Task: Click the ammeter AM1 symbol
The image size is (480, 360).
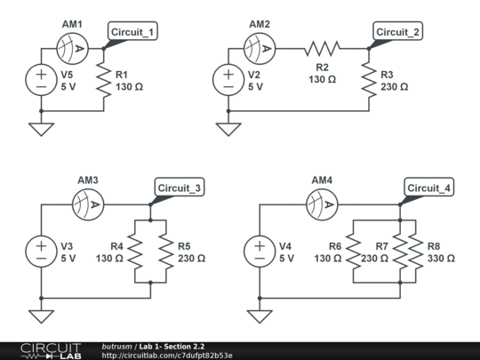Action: point(69,47)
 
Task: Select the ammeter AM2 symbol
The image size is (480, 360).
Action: point(260,47)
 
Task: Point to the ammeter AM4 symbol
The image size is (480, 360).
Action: point(322,204)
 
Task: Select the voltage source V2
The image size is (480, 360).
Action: point(228,79)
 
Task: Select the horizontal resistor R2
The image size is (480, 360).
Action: point(322,47)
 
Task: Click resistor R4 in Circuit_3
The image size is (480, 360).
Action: point(135,251)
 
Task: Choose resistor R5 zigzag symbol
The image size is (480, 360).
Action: point(165,251)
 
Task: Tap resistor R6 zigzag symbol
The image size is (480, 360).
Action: point(353,251)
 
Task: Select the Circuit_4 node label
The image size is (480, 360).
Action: point(428,188)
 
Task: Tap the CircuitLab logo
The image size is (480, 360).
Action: point(51,350)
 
